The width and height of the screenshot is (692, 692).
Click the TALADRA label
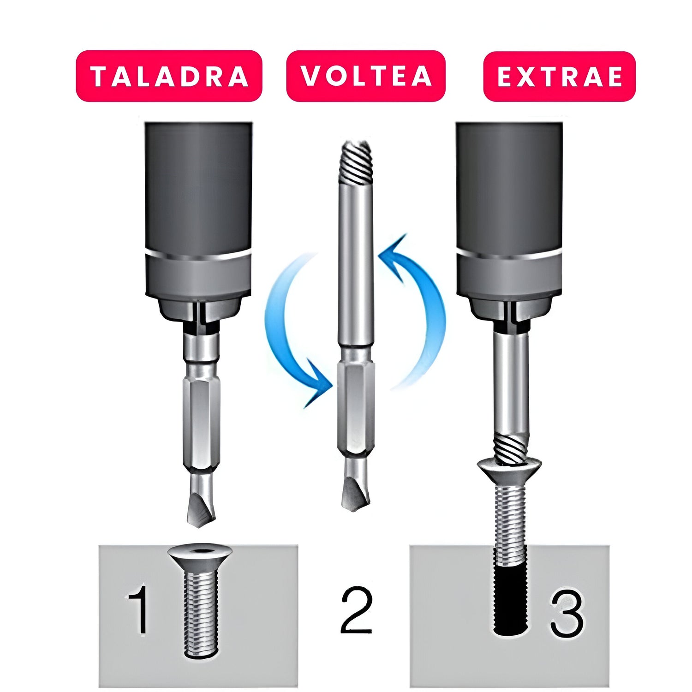[169, 76]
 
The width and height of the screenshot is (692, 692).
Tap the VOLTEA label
[366, 76]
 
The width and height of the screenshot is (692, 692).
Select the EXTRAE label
[560, 77]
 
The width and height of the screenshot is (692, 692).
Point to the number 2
[357, 610]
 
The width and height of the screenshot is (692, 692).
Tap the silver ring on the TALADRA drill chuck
[198, 256]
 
